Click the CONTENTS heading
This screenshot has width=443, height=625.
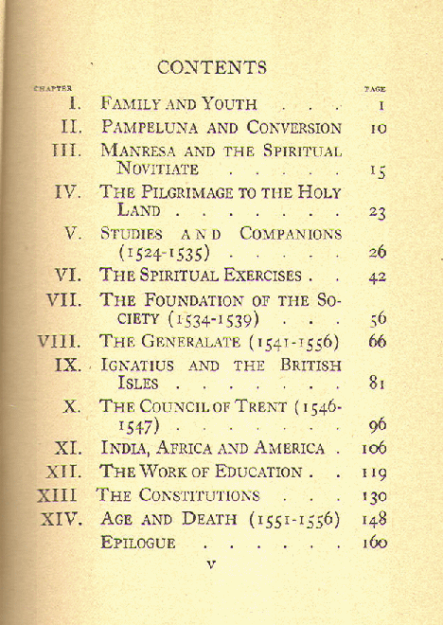(x=212, y=67)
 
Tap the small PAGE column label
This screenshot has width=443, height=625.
(x=375, y=89)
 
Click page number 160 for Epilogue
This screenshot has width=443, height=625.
(x=375, y=543)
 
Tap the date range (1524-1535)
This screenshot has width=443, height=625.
(x=163, y=254)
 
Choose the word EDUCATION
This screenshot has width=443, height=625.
(x=250, y=472)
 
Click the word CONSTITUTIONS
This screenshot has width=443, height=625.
(x=199, y=495)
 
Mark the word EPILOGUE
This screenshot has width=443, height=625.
(x=138, y=543)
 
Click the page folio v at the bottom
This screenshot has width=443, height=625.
(x=211, y=564)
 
